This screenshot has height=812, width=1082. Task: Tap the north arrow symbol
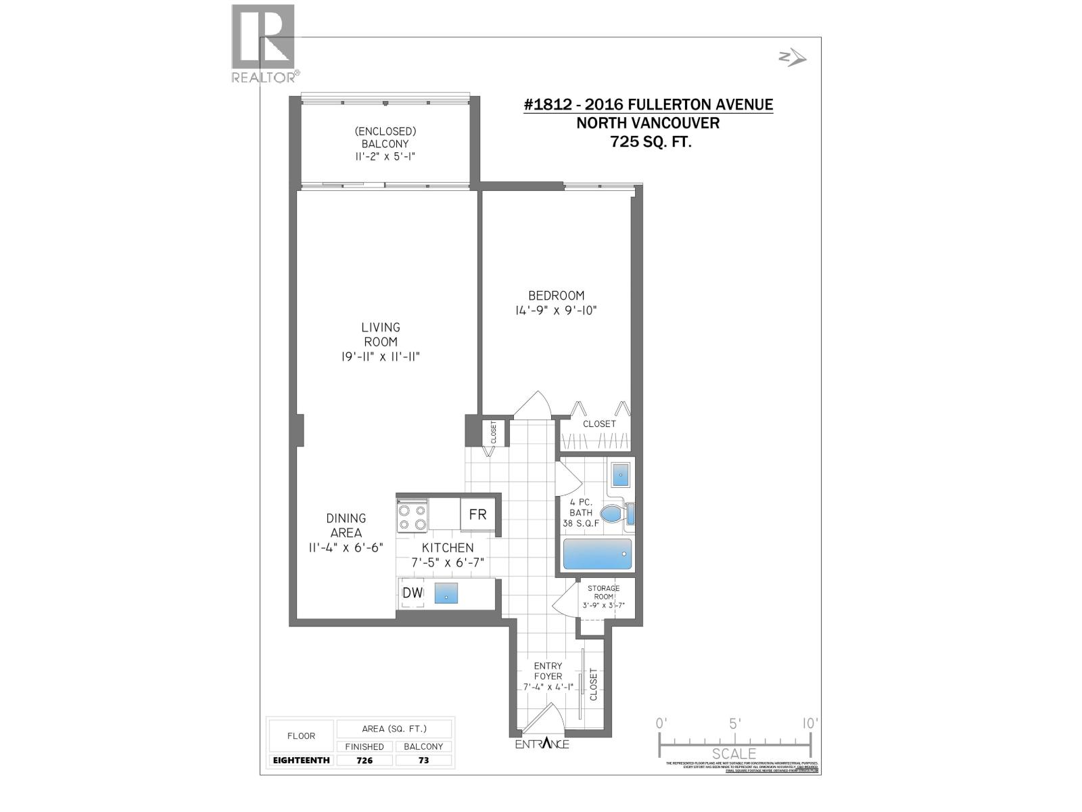[x=792, y=58]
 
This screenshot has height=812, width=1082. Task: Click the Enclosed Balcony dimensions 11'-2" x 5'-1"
[x=385, y=156]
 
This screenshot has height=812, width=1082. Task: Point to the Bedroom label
[x=556, y=296]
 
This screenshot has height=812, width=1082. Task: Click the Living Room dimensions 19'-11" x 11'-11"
[x=381, y=357]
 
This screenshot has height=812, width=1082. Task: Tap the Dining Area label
[x=346, y=525]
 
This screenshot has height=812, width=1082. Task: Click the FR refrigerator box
[x=478, y=515]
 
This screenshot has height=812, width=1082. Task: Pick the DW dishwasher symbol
[x=412, y=593]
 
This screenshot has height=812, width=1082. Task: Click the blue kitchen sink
[x=446, y=593]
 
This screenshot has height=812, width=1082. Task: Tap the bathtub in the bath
[x=597, y=554]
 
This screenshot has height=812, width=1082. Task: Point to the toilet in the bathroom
[x=613, y=514]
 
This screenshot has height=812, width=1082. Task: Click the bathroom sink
[x=621, y=475]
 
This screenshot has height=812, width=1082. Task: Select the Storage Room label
[x=603, y=593]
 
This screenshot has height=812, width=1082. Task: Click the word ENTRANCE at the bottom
[x=542, y=744]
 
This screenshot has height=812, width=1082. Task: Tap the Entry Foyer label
[x=548, y=671]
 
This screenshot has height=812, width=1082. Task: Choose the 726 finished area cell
[x=364, y=760]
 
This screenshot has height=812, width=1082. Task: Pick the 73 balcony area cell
[x=423, y=760]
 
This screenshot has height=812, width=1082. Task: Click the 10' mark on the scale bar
[x=809, y=723]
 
